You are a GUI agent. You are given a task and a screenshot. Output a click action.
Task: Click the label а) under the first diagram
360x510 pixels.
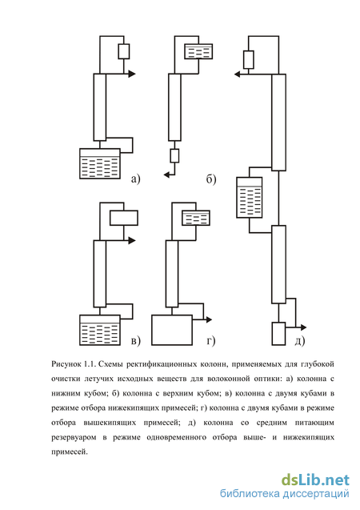135,179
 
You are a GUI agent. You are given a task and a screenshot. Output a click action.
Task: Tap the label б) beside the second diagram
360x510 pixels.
211,179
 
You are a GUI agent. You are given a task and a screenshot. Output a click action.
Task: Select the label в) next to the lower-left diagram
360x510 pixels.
135,340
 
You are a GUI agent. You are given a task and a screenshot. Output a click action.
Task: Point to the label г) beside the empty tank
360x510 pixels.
211,340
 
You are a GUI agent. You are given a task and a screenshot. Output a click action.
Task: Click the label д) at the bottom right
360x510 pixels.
300,340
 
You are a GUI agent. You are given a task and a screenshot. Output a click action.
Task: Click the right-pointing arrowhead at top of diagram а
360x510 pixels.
131,74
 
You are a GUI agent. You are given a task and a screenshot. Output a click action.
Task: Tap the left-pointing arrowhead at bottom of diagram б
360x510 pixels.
167,175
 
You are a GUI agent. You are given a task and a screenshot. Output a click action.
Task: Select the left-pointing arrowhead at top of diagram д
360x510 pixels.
238,74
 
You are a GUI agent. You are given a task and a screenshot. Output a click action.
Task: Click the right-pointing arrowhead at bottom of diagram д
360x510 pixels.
303,327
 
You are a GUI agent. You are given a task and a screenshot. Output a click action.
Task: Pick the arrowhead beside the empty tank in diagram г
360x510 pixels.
208,320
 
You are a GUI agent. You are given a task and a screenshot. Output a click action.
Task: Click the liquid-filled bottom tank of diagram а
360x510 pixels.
100,163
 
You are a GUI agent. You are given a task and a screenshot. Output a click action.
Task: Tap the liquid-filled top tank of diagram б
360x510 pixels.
198,51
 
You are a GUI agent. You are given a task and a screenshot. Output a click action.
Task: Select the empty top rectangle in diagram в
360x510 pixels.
124,218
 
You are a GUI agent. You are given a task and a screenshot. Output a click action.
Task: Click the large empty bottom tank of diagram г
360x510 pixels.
172,330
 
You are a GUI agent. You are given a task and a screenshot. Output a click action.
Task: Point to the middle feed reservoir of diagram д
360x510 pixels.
250,198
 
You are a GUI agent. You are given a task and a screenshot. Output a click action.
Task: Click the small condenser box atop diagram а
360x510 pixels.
124,51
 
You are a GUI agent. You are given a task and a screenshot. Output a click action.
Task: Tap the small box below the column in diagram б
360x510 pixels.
175,156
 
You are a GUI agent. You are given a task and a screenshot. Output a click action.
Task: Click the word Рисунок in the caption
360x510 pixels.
66,364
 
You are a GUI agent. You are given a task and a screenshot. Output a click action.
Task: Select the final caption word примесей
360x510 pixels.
70,452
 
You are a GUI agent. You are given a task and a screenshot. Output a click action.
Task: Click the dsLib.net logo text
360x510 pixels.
315,480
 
